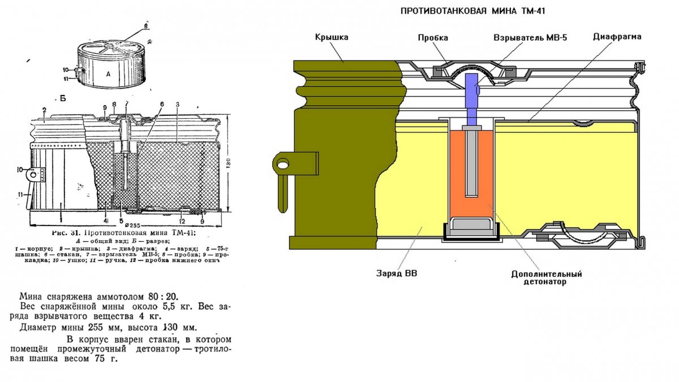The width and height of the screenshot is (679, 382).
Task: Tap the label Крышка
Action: tap(332, 37)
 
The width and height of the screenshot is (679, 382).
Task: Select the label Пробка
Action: tap(433, 38)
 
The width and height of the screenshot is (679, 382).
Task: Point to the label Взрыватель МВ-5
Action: tap(530, 38)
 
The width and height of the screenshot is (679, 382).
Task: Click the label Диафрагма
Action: tap(617, 37)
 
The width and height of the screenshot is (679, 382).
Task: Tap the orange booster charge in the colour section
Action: tap(471, 170)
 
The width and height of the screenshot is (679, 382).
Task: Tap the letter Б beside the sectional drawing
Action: tap(63, 98)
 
